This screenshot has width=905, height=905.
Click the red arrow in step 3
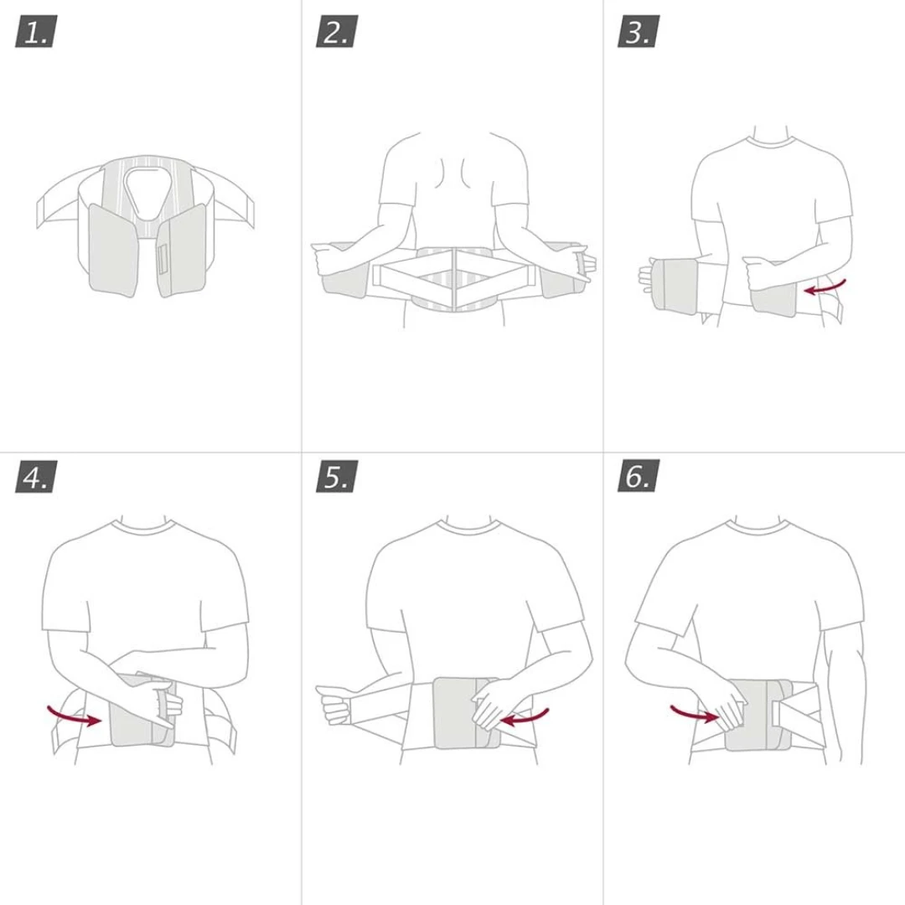click(x=825, y=287)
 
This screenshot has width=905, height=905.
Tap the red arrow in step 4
click(x=73, y=715)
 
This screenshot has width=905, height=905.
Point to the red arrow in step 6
click(x=695, y=713)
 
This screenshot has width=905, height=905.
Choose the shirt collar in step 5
click(x=468, y=526)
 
